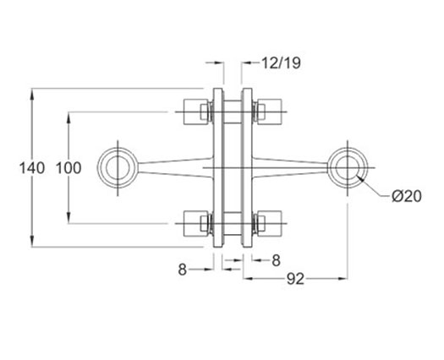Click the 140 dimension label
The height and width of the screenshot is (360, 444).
coord(32,168)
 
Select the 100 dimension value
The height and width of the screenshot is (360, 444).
coord(69,168)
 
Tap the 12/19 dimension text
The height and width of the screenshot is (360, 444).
coord(280,63)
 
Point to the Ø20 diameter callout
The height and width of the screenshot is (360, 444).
coord(407,196)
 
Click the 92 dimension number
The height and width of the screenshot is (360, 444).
coord(295,279)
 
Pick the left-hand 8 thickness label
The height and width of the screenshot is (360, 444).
coord(183,270)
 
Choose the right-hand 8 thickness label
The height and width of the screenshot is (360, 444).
coord(276,260)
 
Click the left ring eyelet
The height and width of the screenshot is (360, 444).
coord(99,168)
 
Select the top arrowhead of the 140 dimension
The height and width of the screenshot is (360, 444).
coord(32,94)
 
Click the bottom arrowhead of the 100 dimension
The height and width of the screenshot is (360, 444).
coord(69,218)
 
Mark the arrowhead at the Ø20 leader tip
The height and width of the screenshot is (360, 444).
coord(360,178)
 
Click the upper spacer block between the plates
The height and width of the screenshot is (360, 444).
coord(233,112)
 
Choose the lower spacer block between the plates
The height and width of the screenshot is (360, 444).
coord(233,224)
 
